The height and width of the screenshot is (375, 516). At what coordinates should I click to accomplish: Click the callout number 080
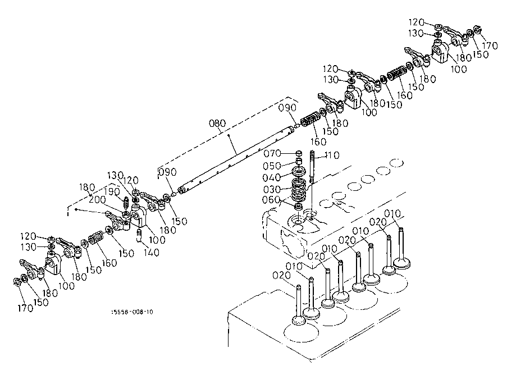pos(217,124)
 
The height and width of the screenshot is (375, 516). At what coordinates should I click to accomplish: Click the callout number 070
pos(272,153)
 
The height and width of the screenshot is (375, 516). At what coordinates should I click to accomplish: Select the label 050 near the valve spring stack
pos(272,166)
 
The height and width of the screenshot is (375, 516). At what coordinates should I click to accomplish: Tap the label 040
pos(272,177)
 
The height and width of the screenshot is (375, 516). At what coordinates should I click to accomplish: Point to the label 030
pos(272,190)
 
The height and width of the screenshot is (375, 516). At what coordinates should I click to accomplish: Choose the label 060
pos(271,200)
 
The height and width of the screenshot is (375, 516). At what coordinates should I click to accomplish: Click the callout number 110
pos(332,155)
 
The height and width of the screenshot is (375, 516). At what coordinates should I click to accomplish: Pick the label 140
pos(151,253)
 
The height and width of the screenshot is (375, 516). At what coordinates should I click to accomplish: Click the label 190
pos(112,191)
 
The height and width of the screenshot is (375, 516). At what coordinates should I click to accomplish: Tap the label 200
pos(97,200)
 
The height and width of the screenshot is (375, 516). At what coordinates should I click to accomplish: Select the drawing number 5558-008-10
pos(133,312)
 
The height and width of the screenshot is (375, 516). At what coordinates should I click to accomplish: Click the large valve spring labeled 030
pos(299,190)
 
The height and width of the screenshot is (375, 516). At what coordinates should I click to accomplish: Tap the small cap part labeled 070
pos(299,153)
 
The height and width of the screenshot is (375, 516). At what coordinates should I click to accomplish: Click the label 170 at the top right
pos(490,45)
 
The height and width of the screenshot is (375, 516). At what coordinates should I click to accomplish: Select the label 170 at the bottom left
pos(25,308)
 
